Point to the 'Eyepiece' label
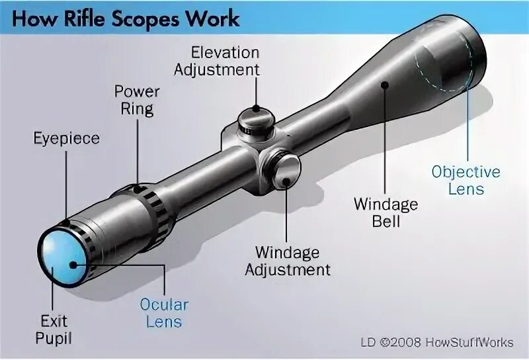(x=66, y=138)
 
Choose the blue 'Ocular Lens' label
(x=164, y=314)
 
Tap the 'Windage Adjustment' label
(x=287, y=261)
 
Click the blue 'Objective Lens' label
(x=466, y=181)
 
